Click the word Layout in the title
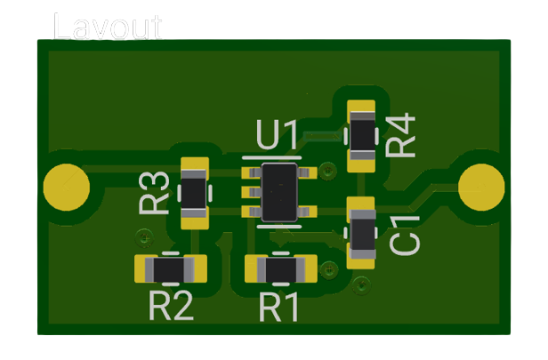tap(107, 27)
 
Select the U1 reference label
tap(278, 136)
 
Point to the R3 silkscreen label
tap(155, 194)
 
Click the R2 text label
tap(171, 307)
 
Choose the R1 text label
tap(280, 308)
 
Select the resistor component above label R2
tap(170, 267)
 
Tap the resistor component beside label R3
tap(194, 192)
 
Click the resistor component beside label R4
tap(362, 135)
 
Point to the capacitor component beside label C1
tap(361, 233)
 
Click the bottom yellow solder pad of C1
tap(361, 259)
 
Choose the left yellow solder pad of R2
tap(145, 267)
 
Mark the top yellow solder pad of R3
tap(194, 166)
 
